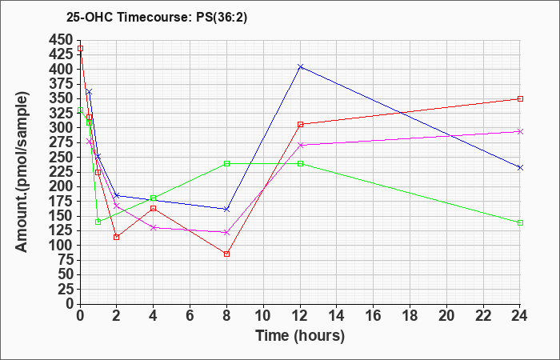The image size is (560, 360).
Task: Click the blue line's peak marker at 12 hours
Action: (300, 66)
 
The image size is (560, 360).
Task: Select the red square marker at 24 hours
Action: (520, 98)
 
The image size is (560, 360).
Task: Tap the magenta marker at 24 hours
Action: (520, 131)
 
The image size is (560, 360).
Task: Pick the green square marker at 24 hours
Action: (520, 222)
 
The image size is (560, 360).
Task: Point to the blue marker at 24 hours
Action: (520, 167)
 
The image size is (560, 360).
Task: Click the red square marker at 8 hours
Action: (226, 254)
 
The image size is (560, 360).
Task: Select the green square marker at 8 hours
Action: (226, 163)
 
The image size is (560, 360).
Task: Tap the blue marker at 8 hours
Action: (226, 209)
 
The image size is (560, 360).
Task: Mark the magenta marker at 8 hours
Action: (226, 232)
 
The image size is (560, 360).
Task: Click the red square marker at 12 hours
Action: (300, 124)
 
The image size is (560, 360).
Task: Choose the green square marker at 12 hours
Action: (300, 163)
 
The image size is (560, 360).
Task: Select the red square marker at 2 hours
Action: (116, 237)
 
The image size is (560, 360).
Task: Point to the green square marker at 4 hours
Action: (153, 198)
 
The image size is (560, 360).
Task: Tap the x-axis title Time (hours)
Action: (300, 335)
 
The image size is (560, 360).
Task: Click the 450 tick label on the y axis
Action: (61, 39)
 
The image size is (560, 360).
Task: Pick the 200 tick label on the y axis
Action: (61, 186)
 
